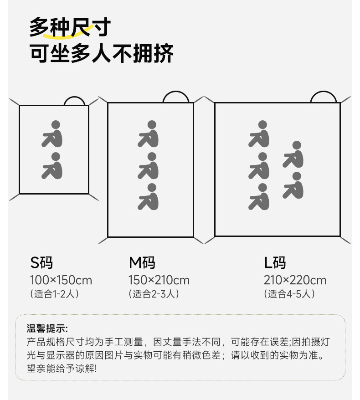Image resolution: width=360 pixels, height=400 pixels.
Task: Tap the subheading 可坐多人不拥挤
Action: coord(102,53)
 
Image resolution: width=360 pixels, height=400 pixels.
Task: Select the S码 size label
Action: coord(41,263)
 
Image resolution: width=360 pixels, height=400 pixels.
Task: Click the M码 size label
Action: coord(142,263)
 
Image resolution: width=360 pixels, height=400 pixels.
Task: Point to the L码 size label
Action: coord(275,263)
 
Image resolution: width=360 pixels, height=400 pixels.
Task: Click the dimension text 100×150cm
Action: coord(61,280)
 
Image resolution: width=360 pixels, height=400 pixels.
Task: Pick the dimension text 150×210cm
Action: coord(159,280)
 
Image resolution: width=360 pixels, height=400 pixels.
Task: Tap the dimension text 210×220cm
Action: coord(295,280)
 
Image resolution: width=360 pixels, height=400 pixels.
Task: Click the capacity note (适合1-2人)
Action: coord(54,294)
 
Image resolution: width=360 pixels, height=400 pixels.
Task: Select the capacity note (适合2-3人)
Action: coord(154,294)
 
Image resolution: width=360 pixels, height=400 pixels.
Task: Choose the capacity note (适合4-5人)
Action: coord(289,294)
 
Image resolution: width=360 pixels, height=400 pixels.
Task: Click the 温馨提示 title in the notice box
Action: coord(47,328)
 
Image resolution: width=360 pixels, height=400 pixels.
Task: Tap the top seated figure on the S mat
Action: coord(52,133)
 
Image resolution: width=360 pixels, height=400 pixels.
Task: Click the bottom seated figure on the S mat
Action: coord(52,165)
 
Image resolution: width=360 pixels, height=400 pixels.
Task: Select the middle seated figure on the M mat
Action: coord(149,165)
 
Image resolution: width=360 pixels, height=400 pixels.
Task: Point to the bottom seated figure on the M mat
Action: coord(149,197)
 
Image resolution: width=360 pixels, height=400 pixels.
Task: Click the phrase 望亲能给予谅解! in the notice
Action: coord(62,368)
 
